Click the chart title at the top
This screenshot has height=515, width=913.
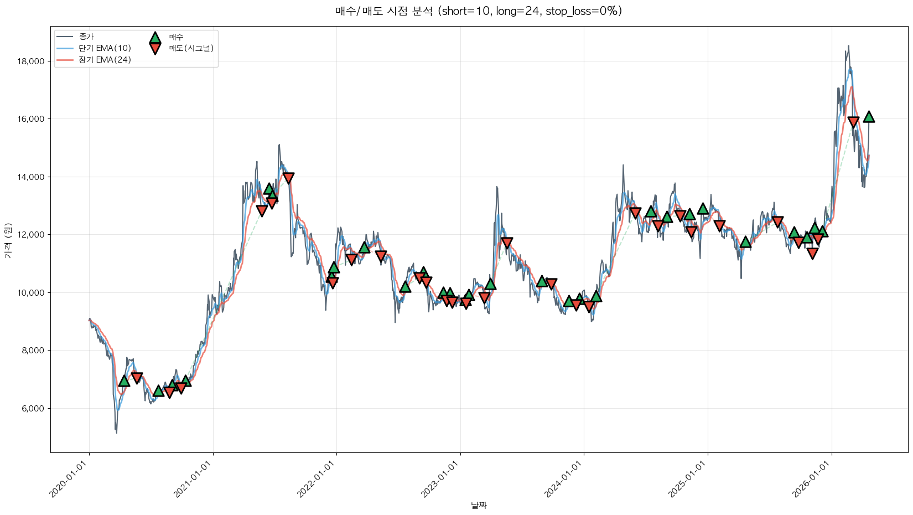479,11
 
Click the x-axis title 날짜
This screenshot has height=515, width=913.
479,505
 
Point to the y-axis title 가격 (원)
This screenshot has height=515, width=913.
8,240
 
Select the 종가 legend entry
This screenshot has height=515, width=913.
86,37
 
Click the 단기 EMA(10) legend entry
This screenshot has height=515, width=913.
105,48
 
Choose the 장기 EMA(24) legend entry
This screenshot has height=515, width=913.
105,60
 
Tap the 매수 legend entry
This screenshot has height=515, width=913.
176,37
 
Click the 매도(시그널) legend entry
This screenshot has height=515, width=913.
191,48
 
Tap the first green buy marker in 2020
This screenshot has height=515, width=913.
124,381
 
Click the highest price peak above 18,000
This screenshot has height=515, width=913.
848,47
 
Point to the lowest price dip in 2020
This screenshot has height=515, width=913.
116,432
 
